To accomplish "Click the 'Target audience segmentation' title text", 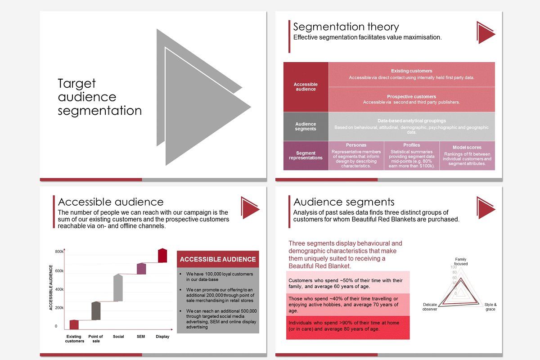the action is pos(99,97).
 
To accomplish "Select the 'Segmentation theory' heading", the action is pos(346,27).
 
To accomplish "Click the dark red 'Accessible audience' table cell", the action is pos(306,87).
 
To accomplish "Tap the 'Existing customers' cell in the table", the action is pos(411,75).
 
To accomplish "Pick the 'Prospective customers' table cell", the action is pos(411,99).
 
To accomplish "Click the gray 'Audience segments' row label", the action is pos(306,126).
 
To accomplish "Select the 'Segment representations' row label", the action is pos(306,156).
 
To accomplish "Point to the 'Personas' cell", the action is pos(356,156).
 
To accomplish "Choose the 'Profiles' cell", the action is pos(411,156).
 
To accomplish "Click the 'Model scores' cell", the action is pos(467,156).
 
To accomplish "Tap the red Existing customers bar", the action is pos(74,324).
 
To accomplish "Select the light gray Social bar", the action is pos(118,288).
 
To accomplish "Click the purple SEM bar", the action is pos(141,269).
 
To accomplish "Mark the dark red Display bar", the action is pos(162,255).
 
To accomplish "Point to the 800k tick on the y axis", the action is pos(59,252).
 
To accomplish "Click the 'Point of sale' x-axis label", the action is pos(96,338).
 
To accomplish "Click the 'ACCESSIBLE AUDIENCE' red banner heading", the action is pos(218,259).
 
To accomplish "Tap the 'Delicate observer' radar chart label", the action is pos(430,307).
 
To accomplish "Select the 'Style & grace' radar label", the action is pos(490,307).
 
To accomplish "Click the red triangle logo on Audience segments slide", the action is pos(485,207).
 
